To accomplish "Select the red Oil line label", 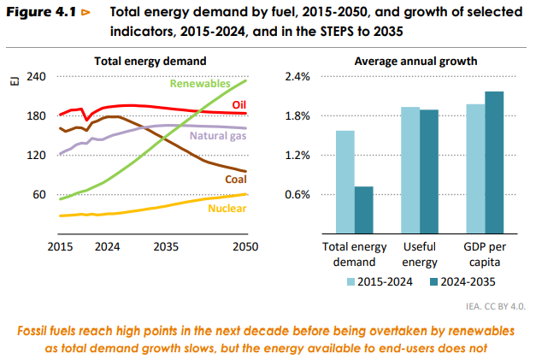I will pyautogui.click(x=239, y=104).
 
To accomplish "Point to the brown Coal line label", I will pyautogui.click(x=236, y=180).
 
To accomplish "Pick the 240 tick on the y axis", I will pyautogui.click(x=36, y=76).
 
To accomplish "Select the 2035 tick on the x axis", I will pyautogui.click(x=166, y=246).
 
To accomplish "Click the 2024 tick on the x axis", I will pyautogui.click(x=107, y=246).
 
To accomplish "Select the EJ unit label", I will pyautogui.click(x=14, y=82).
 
